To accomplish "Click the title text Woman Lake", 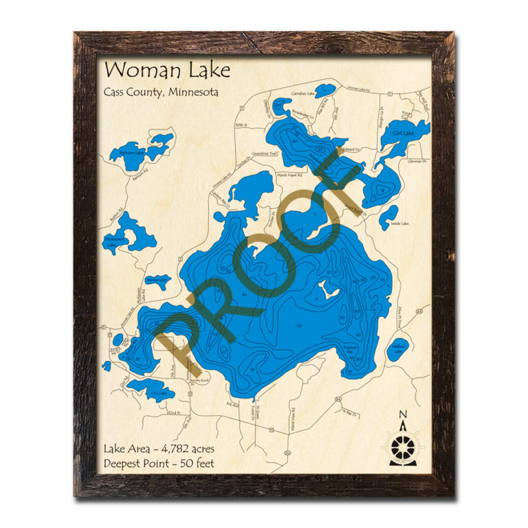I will [x=157, y=71].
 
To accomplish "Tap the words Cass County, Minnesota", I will [x=161, y=92].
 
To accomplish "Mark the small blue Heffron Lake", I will [x=397, y=349].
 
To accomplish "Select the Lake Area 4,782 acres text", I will [x=157, y=448].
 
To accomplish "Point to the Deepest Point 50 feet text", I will [x=159, y=463].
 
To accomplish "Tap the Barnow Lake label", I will [x=157, y=280].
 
